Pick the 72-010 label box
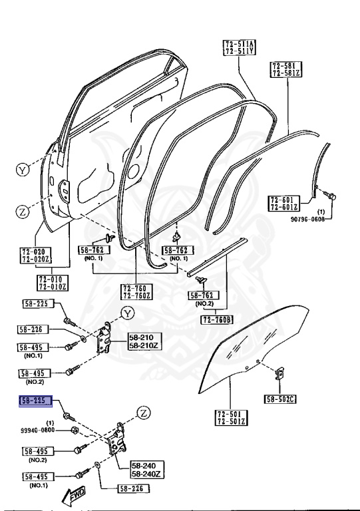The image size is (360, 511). tap(53, 279)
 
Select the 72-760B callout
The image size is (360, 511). tap(217, 320)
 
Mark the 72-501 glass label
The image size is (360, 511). tap(232, 415)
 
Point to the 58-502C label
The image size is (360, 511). tap(280, 399)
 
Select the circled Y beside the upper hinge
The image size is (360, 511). tap(128, 313)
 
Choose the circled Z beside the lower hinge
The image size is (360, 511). tap(143, 413)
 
